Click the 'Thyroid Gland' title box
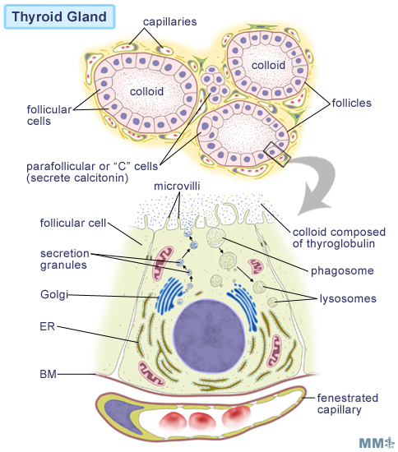tap(59, 16)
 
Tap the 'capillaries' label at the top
tap(170, 22)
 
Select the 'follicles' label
tap(352, 103)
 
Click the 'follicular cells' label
tap(49, 115)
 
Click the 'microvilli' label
tap(177, 186)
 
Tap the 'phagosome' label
tap(342, 271)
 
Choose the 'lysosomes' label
tap(348, 298)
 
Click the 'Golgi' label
tap(54, 295)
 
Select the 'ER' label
tap(48, 326)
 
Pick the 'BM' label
tap(49, 374)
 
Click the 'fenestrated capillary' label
tap(348, 404)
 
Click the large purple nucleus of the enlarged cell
tap(210, 336)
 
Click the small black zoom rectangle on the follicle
tap(277, 155)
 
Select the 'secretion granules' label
tap(65, 259)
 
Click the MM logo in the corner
tap(377, 442)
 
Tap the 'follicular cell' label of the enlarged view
tap(73, 223)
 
